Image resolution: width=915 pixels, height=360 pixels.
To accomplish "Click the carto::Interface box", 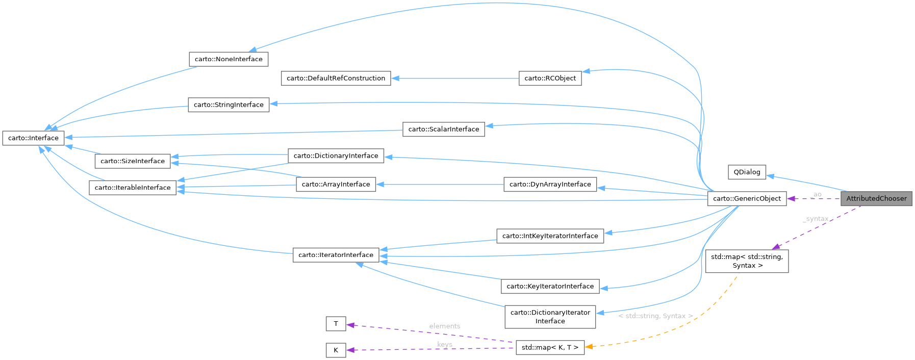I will (x=33, y=138).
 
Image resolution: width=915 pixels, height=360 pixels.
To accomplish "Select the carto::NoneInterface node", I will (x=228, y=59).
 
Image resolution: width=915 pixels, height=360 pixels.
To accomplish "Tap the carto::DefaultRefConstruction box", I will (x=336, y=78).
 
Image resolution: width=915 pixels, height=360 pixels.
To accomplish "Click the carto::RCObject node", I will (x=550, y=78).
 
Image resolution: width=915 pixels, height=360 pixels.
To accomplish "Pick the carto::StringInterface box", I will (x=228, y=105).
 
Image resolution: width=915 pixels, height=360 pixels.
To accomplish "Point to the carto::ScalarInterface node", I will (x=443, y=129).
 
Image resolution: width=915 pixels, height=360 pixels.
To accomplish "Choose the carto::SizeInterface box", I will (x=133, y=161).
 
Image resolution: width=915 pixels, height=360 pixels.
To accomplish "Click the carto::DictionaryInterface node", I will (x=336, y=156).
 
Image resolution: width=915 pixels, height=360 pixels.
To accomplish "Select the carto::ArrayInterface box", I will (x=336, y=184).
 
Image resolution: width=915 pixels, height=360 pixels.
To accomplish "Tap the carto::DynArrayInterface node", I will (x=550, y=184).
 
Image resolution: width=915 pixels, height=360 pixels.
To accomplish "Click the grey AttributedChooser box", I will (x=876, y=198).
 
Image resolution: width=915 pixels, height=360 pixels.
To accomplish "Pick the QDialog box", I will (x=747, y=172).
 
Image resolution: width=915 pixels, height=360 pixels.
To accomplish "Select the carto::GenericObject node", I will (x=747, y=198).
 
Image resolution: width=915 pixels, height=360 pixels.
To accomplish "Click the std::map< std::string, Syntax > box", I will (x=747, y=261).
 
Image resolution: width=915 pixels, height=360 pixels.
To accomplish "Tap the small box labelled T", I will (x=336, y=324).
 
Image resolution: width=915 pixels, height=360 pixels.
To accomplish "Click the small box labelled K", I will (x=336, y=350).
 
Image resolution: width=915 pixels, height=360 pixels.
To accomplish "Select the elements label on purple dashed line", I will (x=444, y=326).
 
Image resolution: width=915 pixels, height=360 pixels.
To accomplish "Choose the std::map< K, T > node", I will (x=550, y=347).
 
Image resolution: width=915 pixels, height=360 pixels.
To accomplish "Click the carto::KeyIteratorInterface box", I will (x=550, y=286).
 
